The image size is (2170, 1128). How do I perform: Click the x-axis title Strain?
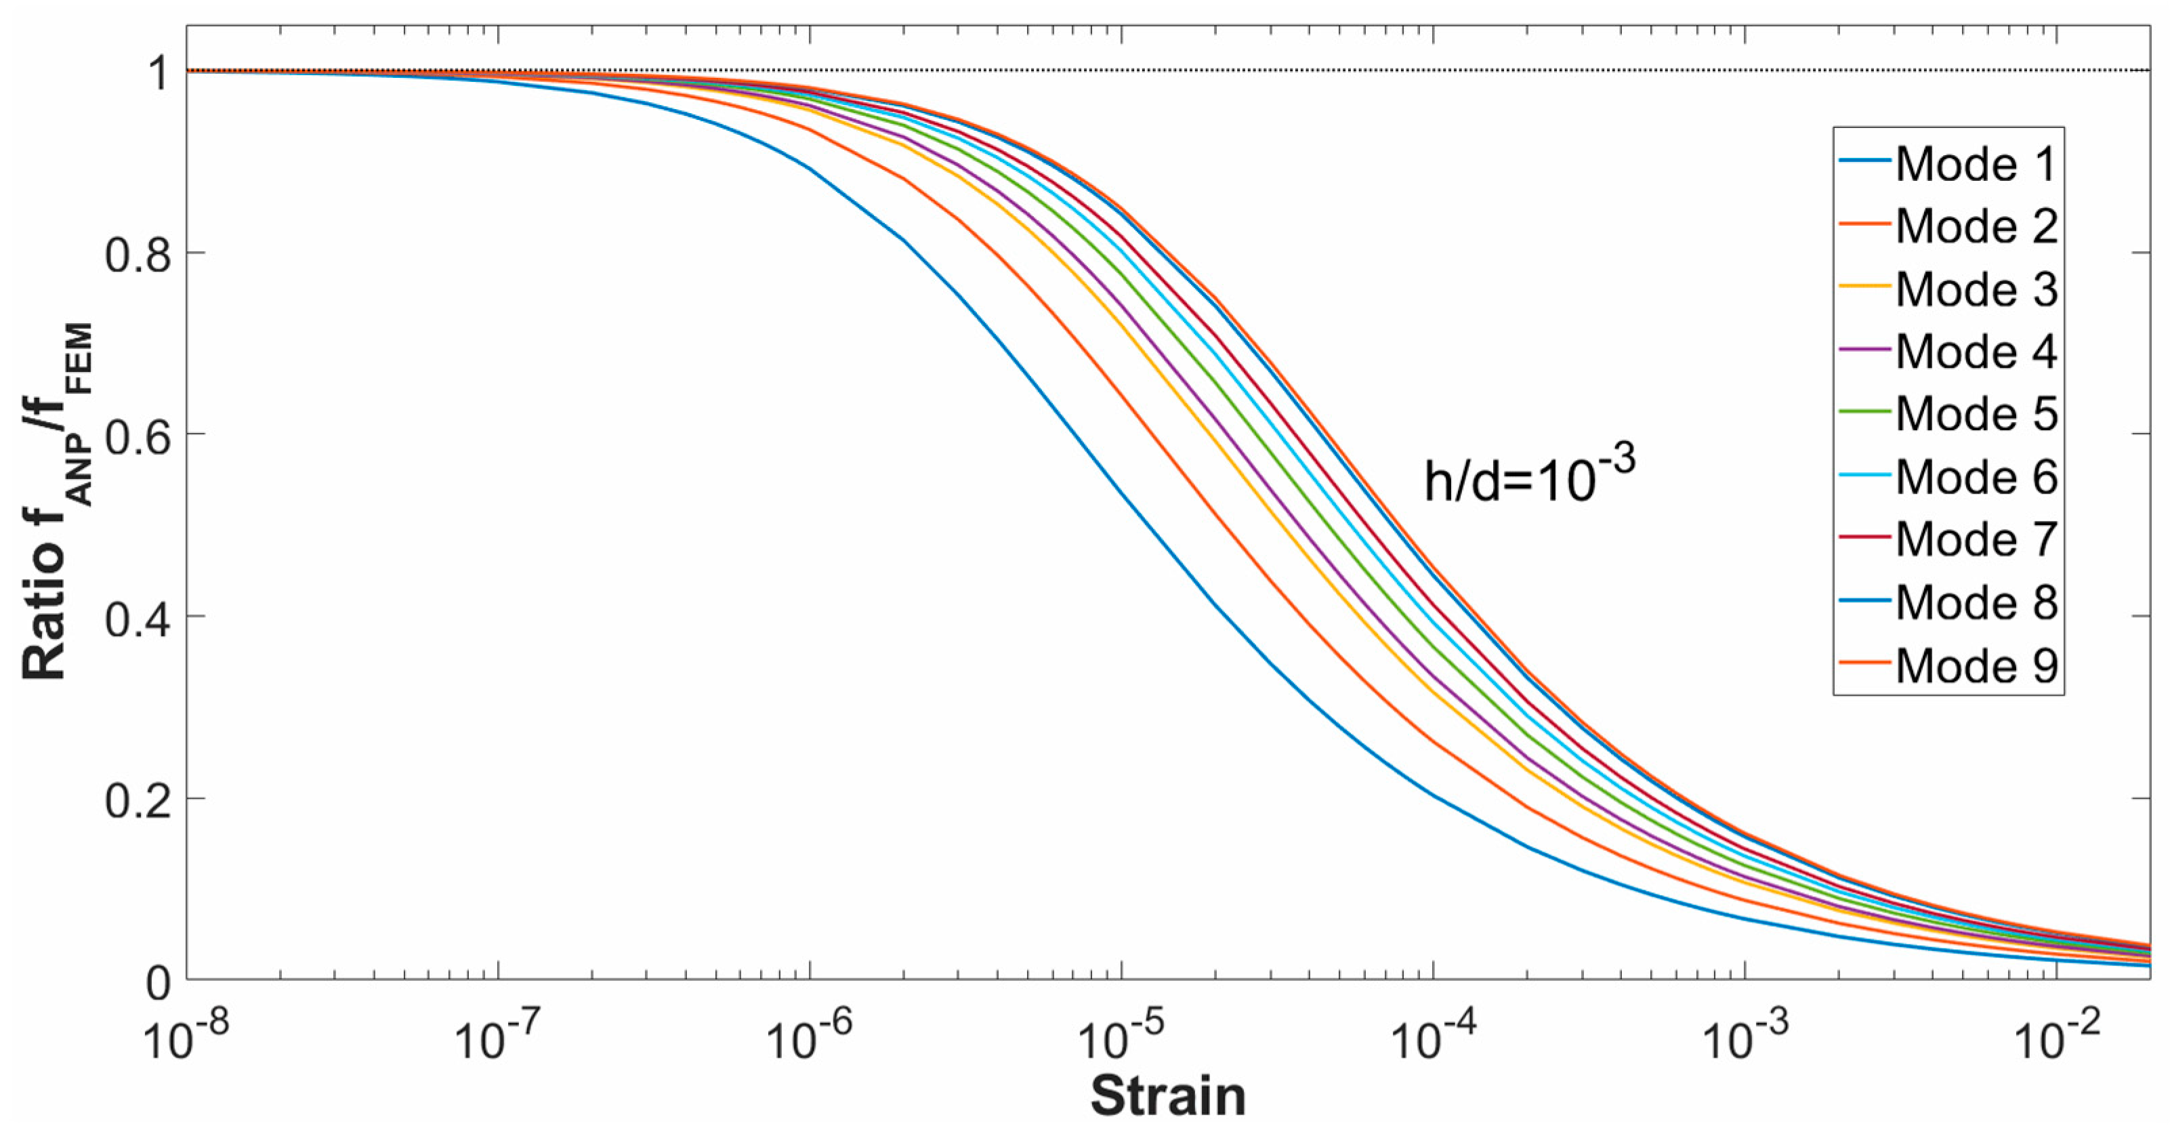1167,1096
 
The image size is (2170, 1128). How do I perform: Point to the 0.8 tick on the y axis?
138,253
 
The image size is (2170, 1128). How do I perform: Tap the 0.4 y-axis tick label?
138,617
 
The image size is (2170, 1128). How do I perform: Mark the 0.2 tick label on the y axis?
138,799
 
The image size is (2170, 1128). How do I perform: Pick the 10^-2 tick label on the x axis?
2056,1038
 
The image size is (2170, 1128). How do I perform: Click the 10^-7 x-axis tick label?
498,1038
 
